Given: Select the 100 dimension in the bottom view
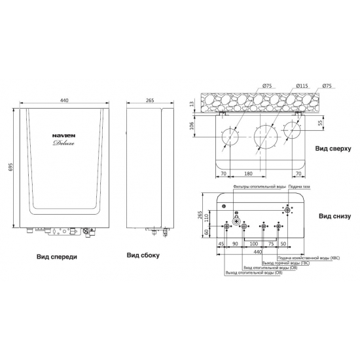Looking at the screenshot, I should (x=252, y=243).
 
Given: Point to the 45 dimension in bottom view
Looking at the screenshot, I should (x=220, y=243).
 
